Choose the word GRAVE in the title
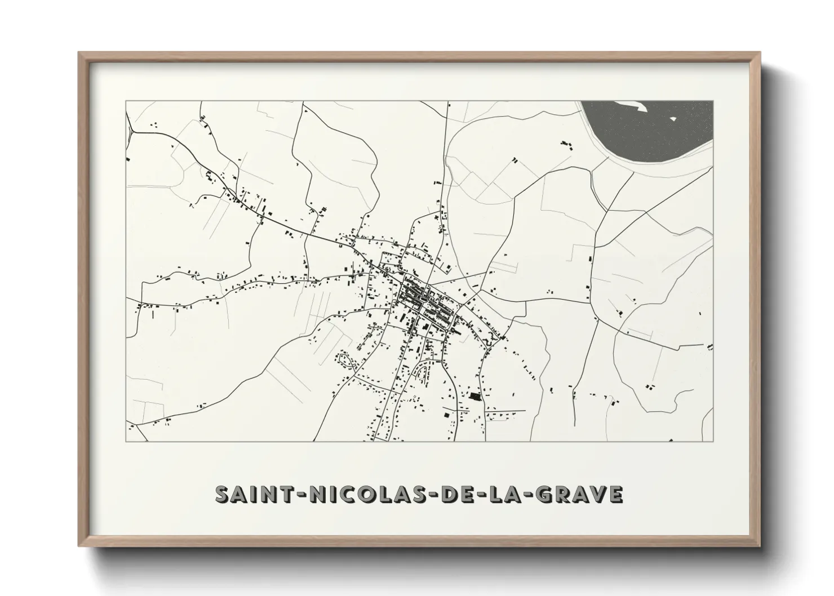point(577,494)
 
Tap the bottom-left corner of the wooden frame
point(79,545)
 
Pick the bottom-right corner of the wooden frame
point(760,545)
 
